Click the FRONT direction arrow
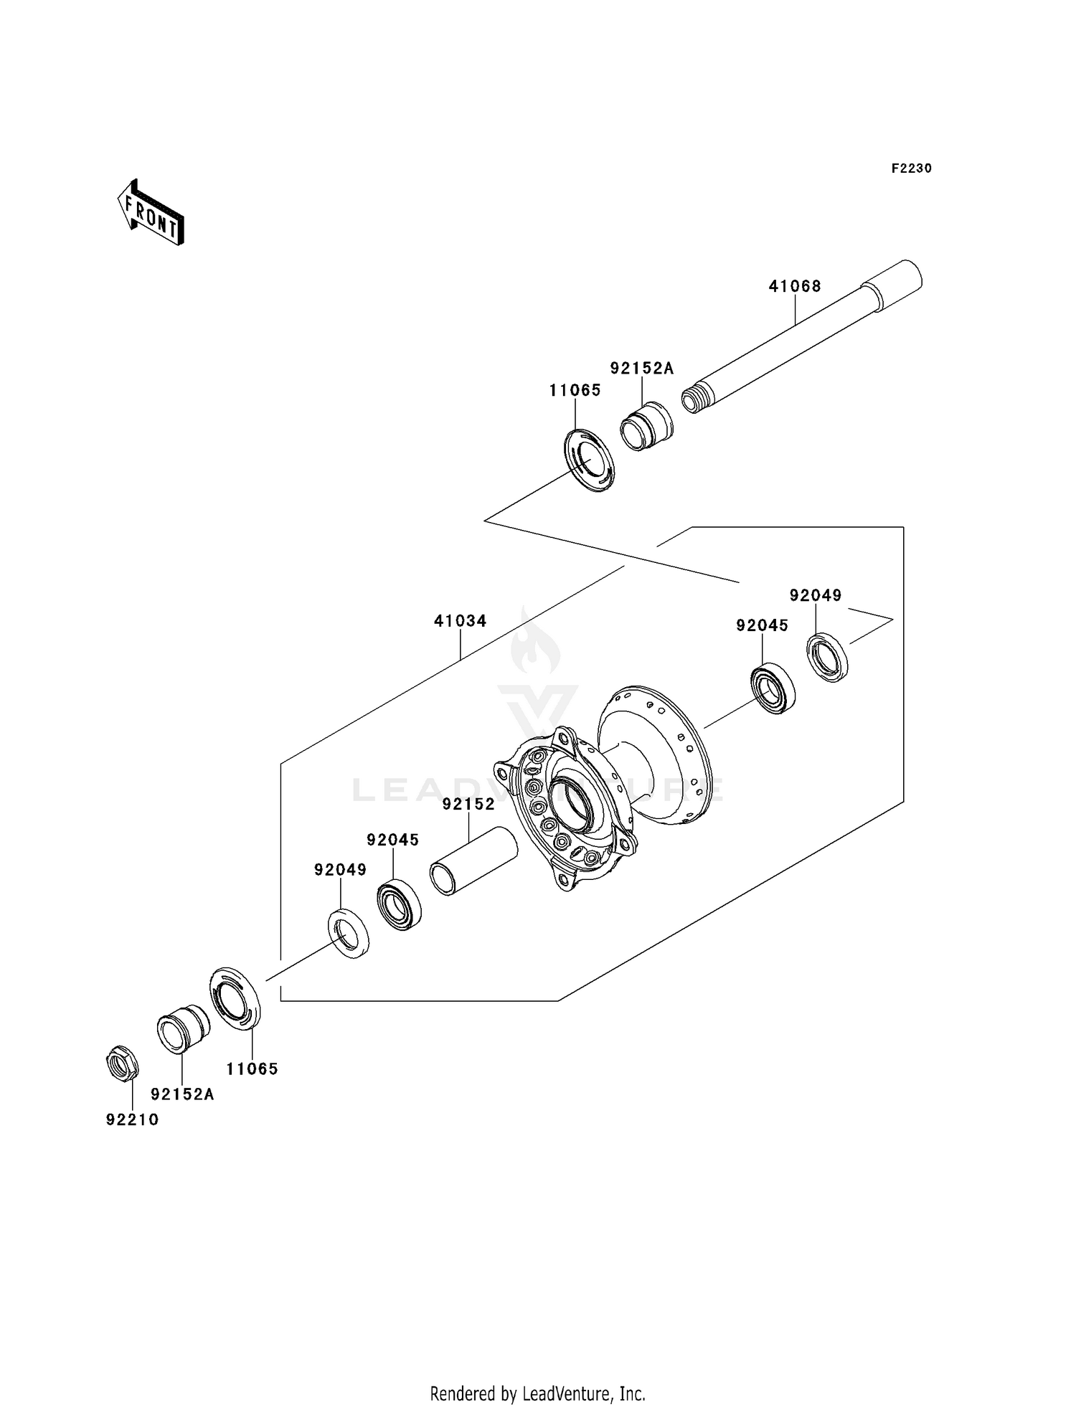[151, 213]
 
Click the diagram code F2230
[911, 169]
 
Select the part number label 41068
[794, 286]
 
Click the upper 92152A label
[641, 369]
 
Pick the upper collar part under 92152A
[646, 427]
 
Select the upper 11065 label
[575, 391]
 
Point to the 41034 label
[460, 621]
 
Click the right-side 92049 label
[815, 595]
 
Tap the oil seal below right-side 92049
[829, 657]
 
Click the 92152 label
[468, 805]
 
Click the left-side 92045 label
[392, 840]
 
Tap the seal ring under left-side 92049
[349, 932]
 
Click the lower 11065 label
[252, 1069]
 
